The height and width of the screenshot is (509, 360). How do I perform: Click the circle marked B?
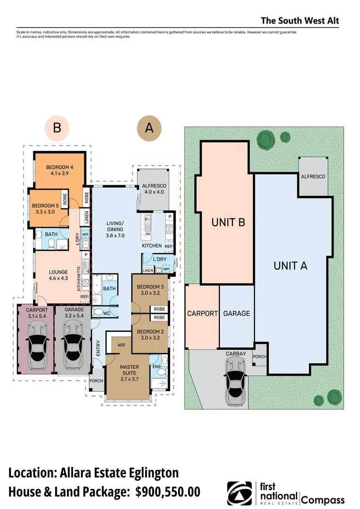pos(57,127)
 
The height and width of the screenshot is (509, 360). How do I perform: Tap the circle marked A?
pos(149,127)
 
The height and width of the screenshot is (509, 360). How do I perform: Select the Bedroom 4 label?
pos(59,170)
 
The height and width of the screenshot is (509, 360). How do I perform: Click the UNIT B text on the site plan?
pos(228,222)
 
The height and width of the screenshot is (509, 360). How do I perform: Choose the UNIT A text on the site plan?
pos(290,266)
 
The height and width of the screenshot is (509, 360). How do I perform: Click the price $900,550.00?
pos(168,492)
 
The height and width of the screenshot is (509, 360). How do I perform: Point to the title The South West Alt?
pos(300,21)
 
